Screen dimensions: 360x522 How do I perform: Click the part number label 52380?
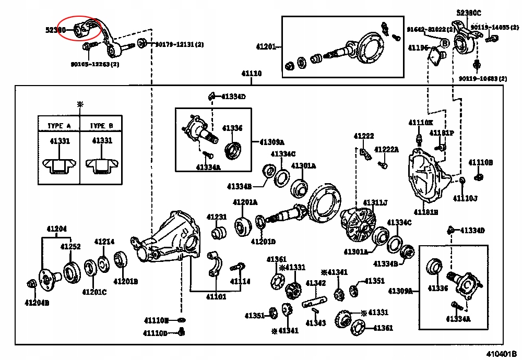point(55,30)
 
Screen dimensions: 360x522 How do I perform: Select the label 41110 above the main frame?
point(251,74)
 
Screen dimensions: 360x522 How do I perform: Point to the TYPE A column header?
point(59,126)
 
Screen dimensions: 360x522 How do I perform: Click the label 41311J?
point(375,202)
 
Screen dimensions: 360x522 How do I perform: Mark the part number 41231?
point(216,217)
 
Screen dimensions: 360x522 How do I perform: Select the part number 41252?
point(70,246)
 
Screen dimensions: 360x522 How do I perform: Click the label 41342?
point(316,283)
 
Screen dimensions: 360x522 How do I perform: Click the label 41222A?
point(386,149)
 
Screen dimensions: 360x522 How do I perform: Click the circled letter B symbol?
point(445,44)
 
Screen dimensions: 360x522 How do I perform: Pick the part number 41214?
point(104,242)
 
